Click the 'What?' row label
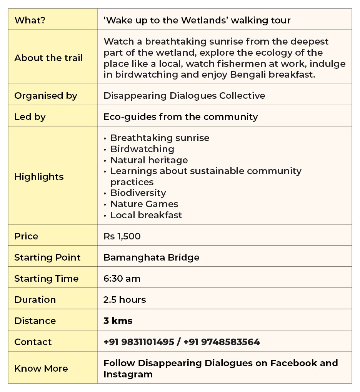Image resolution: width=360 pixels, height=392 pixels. [30, 20]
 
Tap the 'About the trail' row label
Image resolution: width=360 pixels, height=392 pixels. [48, 58]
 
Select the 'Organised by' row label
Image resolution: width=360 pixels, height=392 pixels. [46, 96]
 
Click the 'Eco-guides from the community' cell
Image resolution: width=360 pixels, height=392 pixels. [180, 117]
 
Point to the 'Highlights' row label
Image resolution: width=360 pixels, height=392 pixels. [39, 177]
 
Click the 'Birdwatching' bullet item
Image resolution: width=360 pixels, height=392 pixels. [142, 149]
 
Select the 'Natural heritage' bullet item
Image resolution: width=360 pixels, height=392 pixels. [149, 160]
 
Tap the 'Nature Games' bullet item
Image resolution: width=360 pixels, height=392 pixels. [144, 204]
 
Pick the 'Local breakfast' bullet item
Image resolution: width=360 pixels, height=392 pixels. [146, 215]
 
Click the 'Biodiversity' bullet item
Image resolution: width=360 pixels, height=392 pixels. [138, 193]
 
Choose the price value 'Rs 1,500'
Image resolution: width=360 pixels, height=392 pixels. [122, 236]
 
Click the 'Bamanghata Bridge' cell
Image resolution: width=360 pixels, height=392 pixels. [151, 257]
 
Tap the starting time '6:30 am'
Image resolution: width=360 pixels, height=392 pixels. [122, 279]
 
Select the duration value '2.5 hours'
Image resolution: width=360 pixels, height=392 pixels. [125, 300]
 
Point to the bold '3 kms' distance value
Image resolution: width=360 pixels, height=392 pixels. [118, 321]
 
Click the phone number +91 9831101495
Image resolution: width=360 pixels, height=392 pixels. [139, 342]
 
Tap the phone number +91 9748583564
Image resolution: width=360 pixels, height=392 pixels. [222, 342]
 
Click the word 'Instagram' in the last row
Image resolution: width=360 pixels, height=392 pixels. [128, 374]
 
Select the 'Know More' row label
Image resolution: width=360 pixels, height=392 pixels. [41, 369]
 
